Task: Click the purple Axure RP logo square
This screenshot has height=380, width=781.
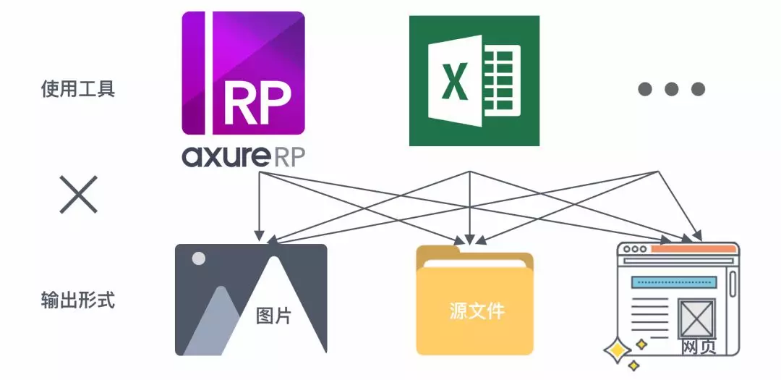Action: tap(243, 73)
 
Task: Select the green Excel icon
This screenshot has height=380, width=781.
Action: tap(474, 80)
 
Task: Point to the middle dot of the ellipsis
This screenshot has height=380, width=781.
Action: tap(671, 89)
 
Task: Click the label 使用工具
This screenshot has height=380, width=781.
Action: tap(77, 90)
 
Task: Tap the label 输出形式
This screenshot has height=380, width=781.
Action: tap(77, 300)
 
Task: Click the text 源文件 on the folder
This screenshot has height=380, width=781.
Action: tap(475, 311)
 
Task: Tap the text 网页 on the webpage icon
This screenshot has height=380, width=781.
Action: tap(698, 347)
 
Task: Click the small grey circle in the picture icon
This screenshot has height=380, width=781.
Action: tap(198, 258)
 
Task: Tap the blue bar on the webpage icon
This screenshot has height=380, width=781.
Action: tap(673, 282)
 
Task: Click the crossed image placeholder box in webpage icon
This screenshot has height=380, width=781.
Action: tap(697, 318)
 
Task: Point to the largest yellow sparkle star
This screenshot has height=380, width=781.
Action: tap(618, 351)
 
